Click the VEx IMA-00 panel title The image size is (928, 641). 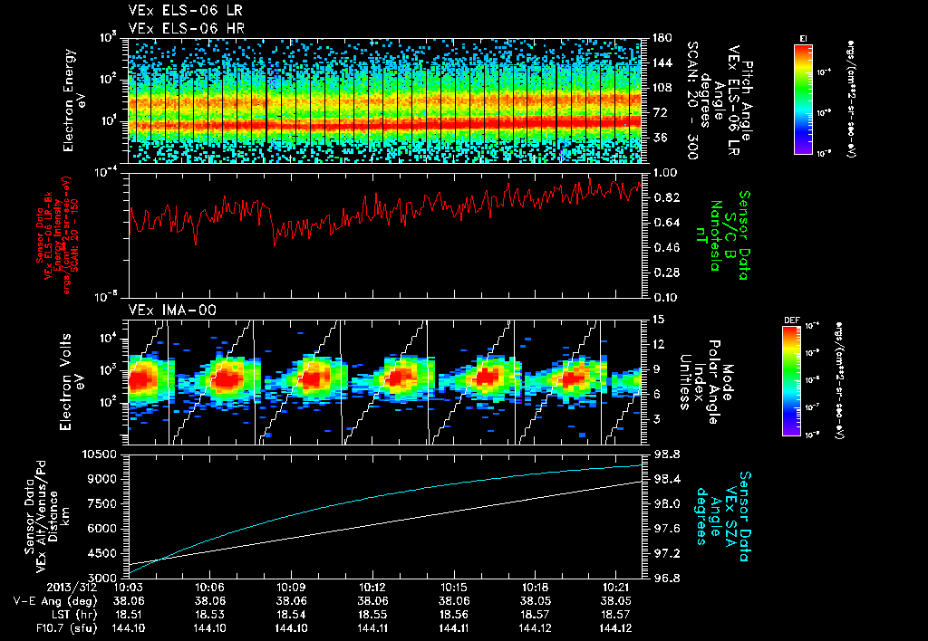pos(164,310)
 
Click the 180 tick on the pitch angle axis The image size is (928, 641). pos(661,38)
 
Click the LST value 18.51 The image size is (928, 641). pos(130,614)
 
